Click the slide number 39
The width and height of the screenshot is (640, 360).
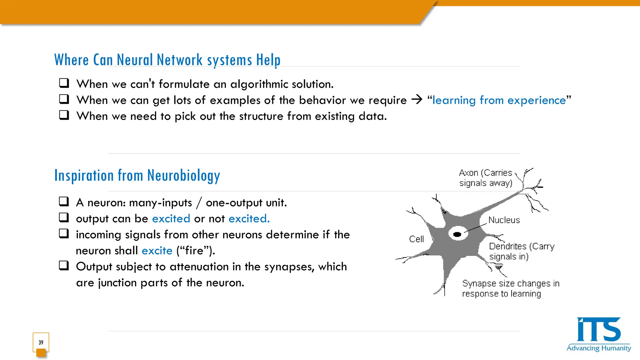[x=41, y=342]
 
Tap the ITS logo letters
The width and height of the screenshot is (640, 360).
[x=598, y=330]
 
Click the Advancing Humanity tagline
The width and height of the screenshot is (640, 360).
[x=598, y=348]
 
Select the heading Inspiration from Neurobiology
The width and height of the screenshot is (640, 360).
[x=137, y=176]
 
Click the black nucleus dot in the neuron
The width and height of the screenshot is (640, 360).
[x=457, y=234]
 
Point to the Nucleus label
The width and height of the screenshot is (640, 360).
[x=504, y=220]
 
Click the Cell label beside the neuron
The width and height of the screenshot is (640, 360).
[x=416, y=239]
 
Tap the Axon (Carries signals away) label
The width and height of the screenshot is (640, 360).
[x=486, y=178]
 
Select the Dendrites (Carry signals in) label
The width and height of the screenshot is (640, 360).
[x=522, y=251]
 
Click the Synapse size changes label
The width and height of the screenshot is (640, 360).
[x=511, y=288]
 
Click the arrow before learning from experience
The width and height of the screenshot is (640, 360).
[x=417, y=100]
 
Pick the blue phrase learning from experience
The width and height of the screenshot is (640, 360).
[x=499, y=100]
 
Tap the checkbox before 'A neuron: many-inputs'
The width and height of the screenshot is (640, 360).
[x=64, y=202]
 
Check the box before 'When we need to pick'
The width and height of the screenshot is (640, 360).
[x=64, y=115]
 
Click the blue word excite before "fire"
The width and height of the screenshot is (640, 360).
[x=157, y=251]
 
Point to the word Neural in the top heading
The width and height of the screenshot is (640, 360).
[x=135, y=60]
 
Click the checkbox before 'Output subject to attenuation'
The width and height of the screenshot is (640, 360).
[x=64, y=266]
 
